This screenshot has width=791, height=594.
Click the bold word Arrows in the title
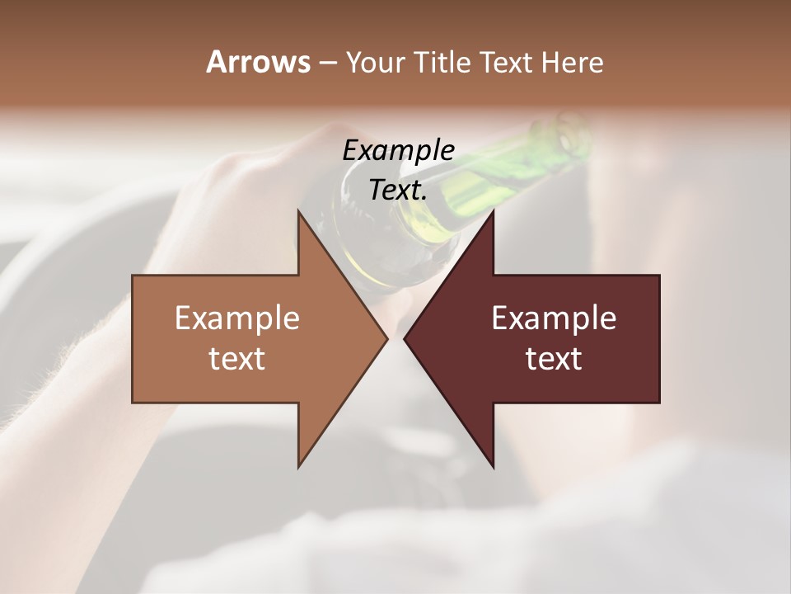click(258, 62)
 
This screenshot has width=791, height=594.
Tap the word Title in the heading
click(443, 63)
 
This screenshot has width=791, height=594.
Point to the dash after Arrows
click(326, 64)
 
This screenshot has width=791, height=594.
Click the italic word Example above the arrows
click(398, 151)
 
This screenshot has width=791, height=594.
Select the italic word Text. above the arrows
click(398, 191)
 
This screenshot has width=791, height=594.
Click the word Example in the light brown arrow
click(237, 318)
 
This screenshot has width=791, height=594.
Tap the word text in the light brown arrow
click(237, 359)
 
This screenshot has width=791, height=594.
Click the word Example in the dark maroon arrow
click(554, 318)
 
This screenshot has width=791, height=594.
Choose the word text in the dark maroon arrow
click(554, 359)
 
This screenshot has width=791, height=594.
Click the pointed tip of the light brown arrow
click(386, 338)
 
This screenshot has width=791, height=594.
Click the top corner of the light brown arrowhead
click(299, 211)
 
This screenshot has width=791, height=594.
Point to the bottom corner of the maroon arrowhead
click(493, 467)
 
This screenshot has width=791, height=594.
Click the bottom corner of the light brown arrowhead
click(299, 466)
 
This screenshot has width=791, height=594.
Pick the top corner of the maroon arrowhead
click(493, 211)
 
